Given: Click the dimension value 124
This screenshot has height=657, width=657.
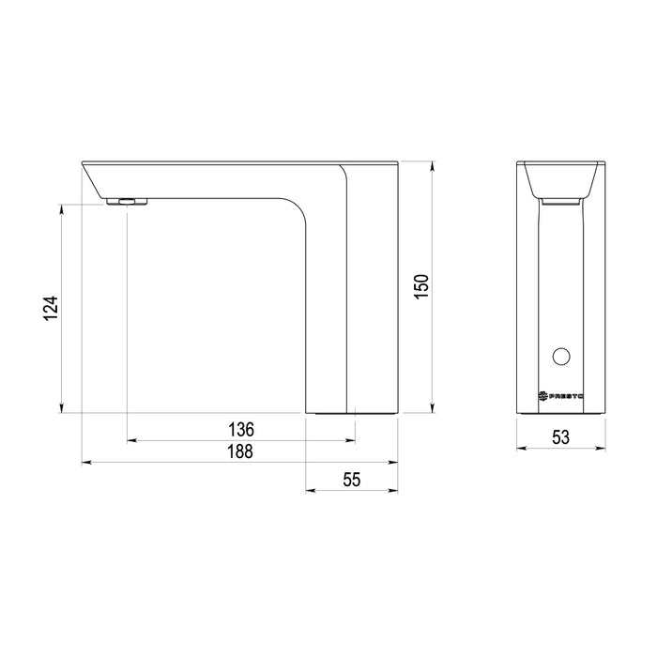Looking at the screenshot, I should [x=51, y=309].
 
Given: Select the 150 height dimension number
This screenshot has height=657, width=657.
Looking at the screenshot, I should [x=421, y=286].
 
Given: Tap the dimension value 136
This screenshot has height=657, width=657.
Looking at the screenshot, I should [x=241, y=428].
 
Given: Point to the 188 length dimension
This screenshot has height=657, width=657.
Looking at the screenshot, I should [x=241, y=451].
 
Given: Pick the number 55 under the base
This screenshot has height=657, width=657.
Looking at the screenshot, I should [x=351, y=479].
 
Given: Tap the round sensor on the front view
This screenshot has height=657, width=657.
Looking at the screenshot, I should [x=562, y=356].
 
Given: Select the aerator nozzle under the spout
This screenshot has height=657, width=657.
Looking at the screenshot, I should [x=126, y=201].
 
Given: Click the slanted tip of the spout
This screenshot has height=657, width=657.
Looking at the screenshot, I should [x=89, y=178].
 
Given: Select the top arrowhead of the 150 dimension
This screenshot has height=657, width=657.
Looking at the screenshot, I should [x=432, y=166].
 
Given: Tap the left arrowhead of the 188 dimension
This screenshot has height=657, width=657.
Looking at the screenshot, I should [x=86, y=462].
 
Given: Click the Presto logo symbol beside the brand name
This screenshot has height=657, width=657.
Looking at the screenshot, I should [x=542, y=397].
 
